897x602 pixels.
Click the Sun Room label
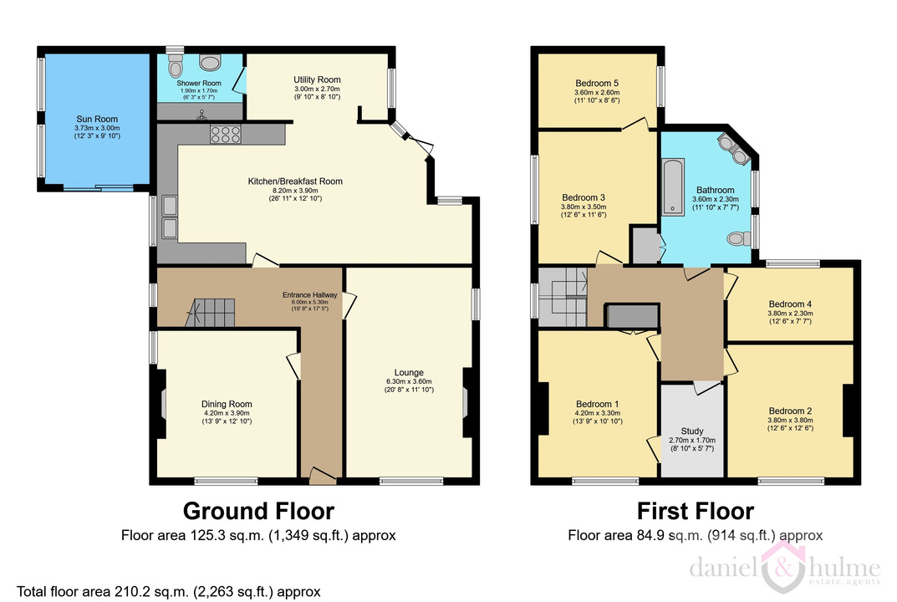click(x=97, y=119)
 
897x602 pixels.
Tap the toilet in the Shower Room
click(x=175, y=66)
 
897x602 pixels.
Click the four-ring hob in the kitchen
click(x=226, y=134)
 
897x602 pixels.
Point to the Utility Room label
click(x=317, y=79)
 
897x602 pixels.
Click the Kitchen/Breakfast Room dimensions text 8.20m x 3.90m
click(x=295, y=191)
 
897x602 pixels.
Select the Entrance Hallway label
click(x=309, y=294)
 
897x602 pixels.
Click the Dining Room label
click(x=227, y=404)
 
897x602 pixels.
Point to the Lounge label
click(x=409, y=373)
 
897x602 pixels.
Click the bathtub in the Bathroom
click(x=673, y=187)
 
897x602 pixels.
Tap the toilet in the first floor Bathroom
click(x=739, y=238)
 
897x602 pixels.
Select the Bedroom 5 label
click(x=597, y=83)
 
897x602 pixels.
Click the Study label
click(x=692, y=431)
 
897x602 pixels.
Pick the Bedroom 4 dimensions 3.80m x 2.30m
click(x=790, y=314)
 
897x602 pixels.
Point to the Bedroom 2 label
click(x=790, y=411)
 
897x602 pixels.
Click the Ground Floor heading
click(x=258, y=510)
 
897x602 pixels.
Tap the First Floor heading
click(x=696, y=510)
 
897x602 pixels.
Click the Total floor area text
click(x=169, y=591)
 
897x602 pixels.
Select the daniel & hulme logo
click(x=784, y=568)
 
